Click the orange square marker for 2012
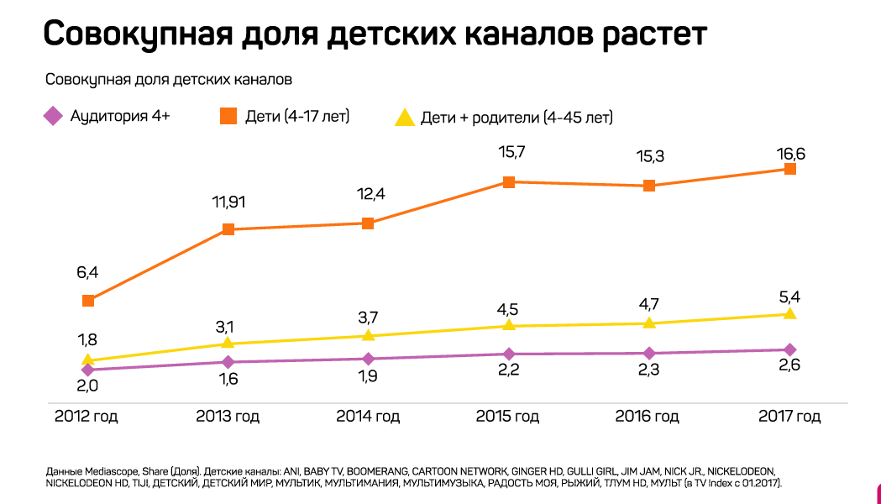(88, 301)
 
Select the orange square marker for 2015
(508, 181)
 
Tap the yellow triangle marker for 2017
(789, 313)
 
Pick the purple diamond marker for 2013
(228, 362)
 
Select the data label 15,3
(648, 157)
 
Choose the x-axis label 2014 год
(368, 417)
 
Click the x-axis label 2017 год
(789, 417)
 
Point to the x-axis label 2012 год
(87, 417)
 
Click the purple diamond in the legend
(54, 116)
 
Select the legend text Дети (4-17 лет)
(296, 116)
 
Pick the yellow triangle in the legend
(405, 117)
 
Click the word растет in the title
(654, 35)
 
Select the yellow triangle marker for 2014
(368, 335)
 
